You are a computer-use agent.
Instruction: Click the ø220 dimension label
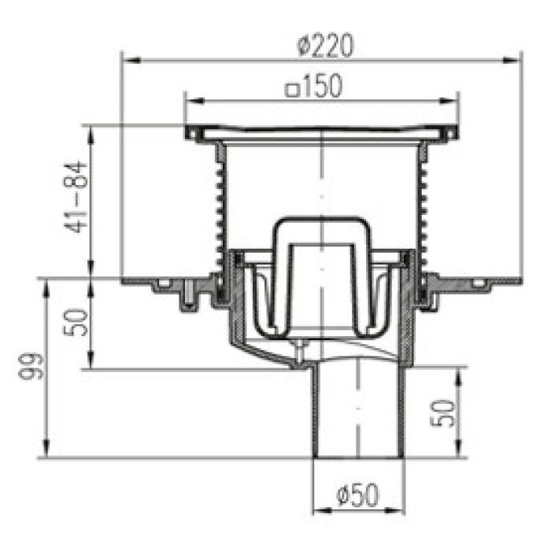[x=324, y=46]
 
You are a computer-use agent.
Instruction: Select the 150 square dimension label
[x=314, y=86]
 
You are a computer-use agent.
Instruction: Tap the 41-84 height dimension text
[x=76, y=197]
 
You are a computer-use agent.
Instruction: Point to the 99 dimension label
[x=31, y=366]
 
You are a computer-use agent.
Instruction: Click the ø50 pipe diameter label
[x=357, y=494]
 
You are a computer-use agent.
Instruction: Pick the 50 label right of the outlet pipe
[x=442, y=413]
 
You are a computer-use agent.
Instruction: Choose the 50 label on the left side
[x=76, y=323]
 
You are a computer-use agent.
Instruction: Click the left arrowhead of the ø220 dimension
[x=131, y=61]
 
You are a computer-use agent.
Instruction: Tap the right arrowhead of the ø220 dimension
[x=512, y=61]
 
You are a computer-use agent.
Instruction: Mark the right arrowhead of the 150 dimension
[x=449, y=102]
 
